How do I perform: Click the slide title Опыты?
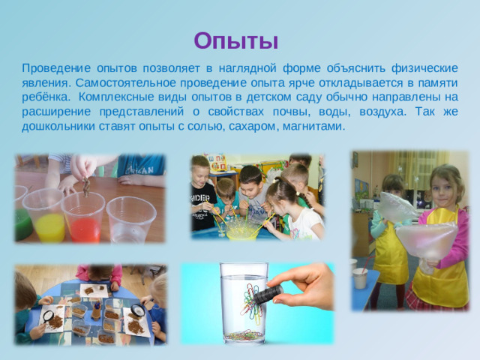click(x=235, y=39)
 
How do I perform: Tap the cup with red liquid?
click(x=83, y=218)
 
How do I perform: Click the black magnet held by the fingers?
click(x=268, y=294)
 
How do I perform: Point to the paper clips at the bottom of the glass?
click(x=244, y=334)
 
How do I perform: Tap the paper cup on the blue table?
click(x=361, y=277)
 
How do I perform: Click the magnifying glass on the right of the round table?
click(x=137, y=309)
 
